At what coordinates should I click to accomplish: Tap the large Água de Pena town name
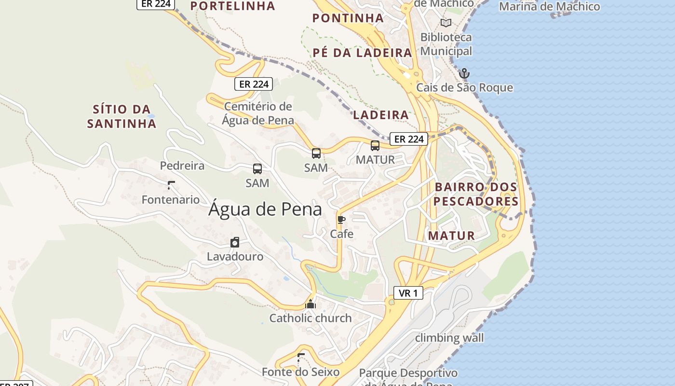(265, 210)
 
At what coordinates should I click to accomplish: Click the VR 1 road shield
(408, 292)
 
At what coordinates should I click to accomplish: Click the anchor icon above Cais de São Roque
(464, 73)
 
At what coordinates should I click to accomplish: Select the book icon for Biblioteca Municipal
(446, 23)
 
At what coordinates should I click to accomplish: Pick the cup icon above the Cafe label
(341, 220)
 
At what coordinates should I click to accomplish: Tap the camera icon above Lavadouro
(235, 242)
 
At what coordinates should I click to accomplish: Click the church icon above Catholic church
(310, 304)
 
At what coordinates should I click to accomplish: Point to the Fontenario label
(171, 199)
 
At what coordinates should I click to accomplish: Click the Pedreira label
(182, 165)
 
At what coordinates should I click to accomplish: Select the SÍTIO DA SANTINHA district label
(121, 116)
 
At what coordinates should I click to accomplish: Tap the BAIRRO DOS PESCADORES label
(476, 194)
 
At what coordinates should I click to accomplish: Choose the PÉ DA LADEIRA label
(362, 53)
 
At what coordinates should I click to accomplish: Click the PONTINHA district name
(348, 18)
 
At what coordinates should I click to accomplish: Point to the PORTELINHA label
(233, 6)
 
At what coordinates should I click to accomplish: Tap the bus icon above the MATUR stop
(375, 145)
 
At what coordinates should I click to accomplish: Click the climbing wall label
(449, 337)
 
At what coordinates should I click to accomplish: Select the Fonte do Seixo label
(300, 372)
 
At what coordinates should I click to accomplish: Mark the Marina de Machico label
(549, 7)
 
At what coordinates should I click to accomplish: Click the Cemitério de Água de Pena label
(258, 113)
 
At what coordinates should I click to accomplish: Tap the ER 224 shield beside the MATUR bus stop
(409, 139)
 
